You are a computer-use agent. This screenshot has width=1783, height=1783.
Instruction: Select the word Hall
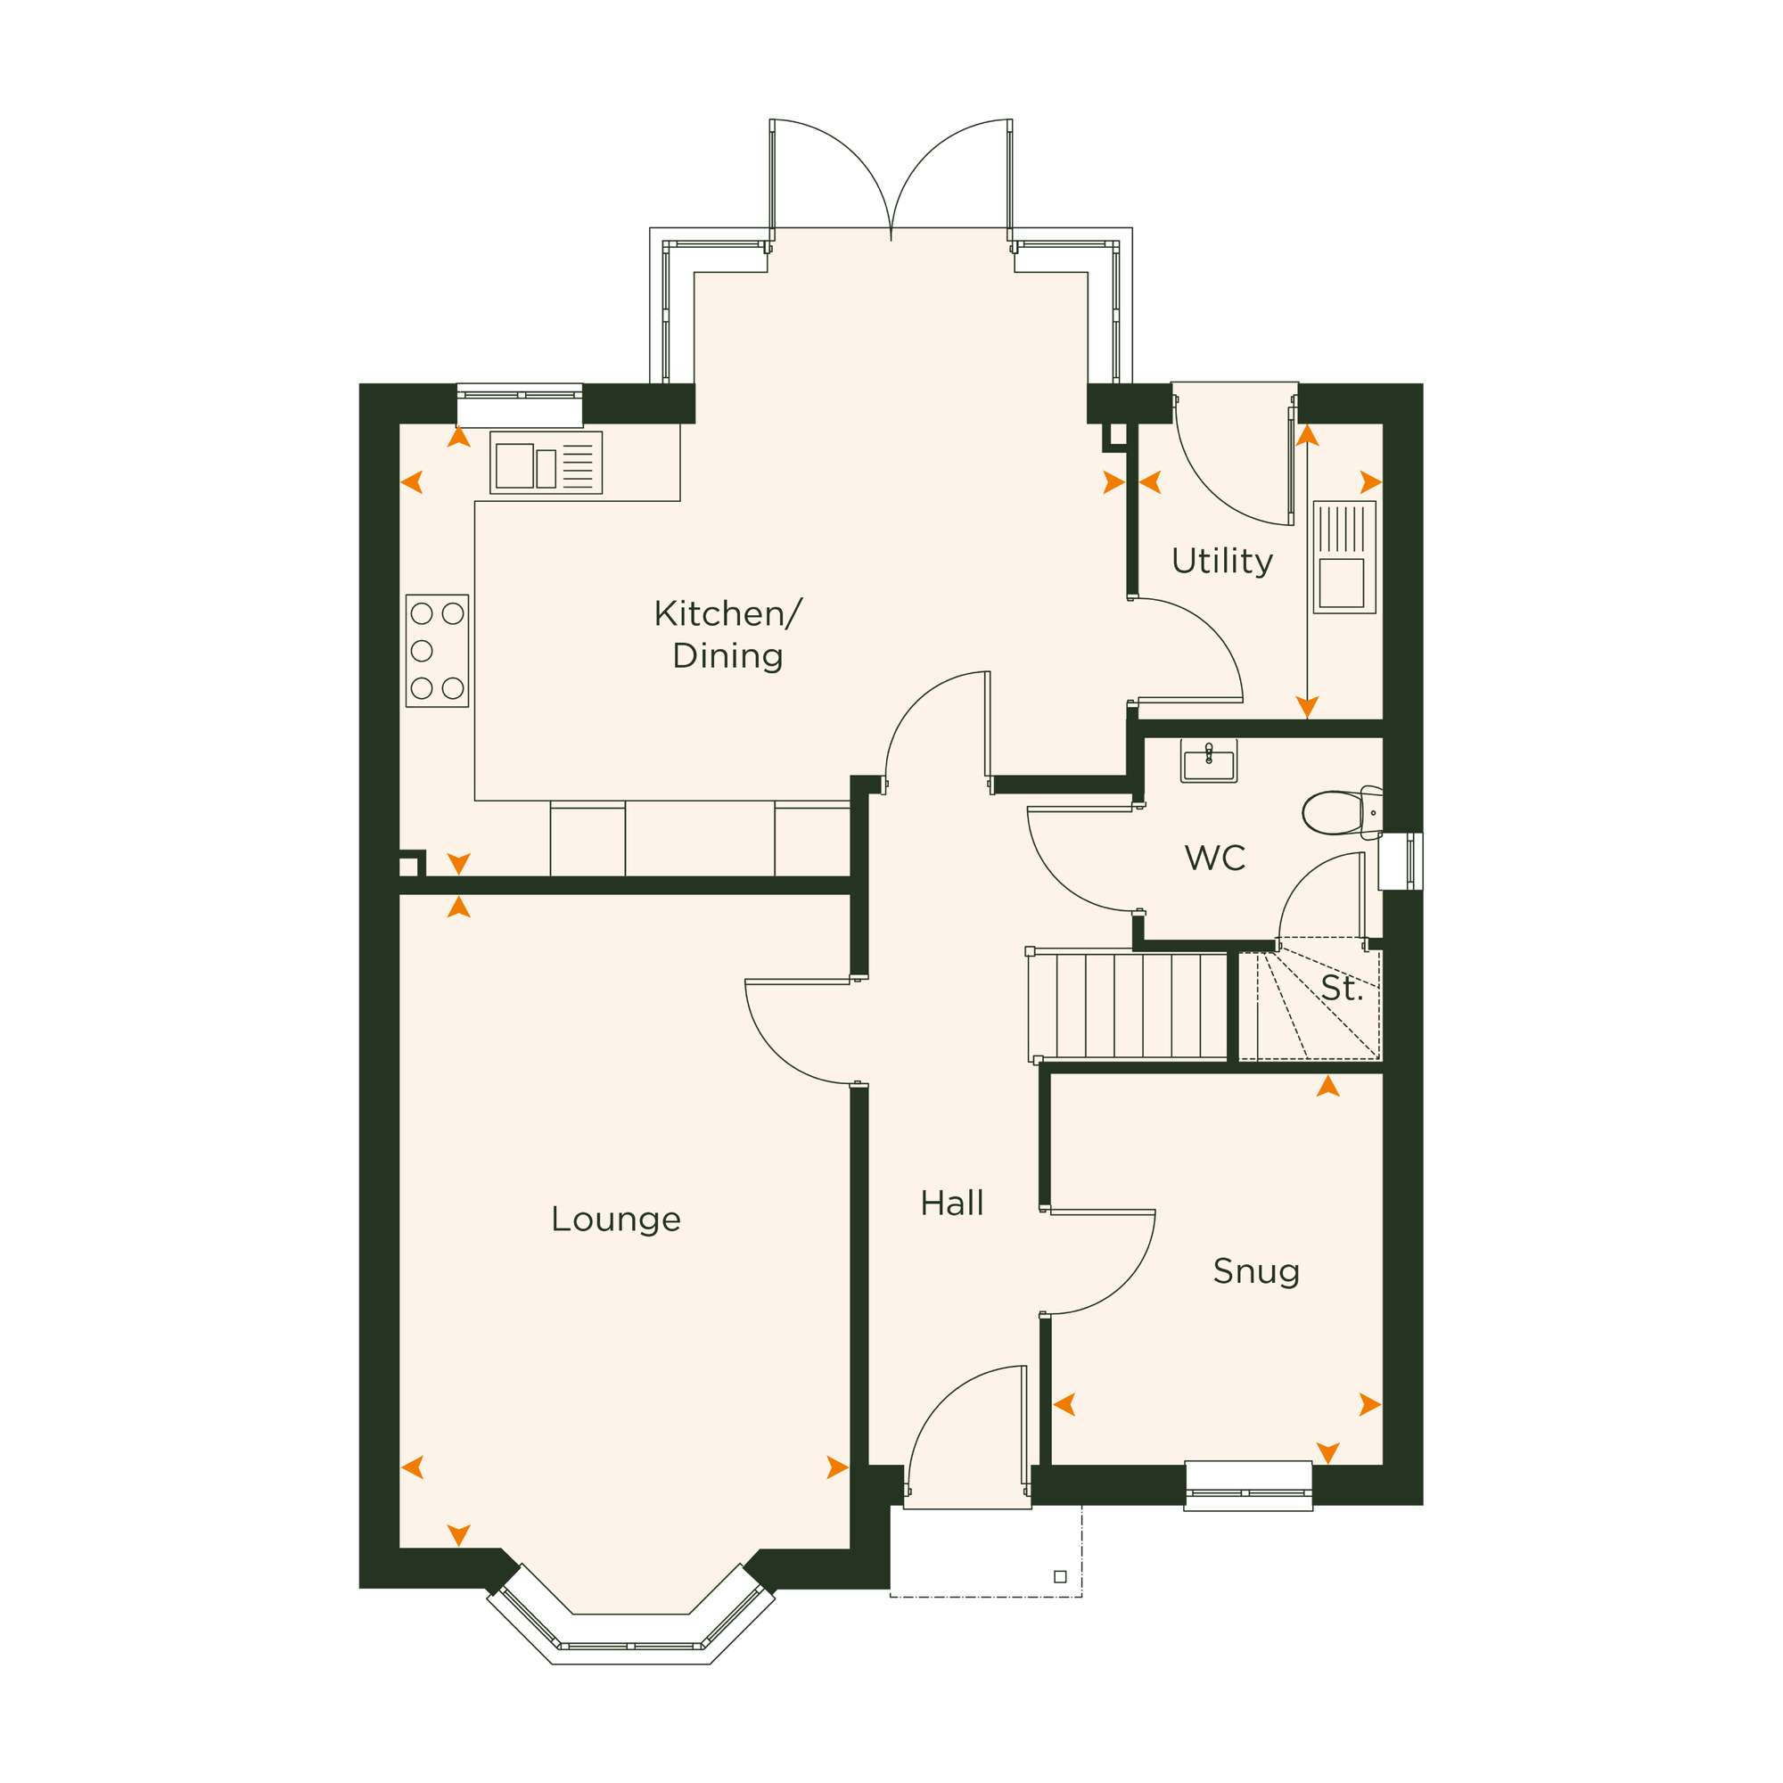[x=951, y=1204]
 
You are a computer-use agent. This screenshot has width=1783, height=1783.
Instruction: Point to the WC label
[x=1214, y=858]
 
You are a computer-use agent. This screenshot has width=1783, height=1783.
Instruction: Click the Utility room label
[x=1222, y=560]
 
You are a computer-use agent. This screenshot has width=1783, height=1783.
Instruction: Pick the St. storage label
[x=1342, y=989]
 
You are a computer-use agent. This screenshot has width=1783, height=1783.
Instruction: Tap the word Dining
[x=727, y=656]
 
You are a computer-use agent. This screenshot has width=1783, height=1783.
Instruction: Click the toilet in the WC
[x=1342, y=812]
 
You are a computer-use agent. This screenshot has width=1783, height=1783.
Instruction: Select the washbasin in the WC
[x=1209, y=761]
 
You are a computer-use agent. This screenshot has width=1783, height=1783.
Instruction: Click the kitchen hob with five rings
[x=437, y=652]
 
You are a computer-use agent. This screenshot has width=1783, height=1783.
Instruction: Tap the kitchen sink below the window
[x=546, y=463]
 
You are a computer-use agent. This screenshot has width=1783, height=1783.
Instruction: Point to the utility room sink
[x=1343, y=557]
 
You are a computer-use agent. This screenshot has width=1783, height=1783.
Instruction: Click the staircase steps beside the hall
[x=1128, y=1005]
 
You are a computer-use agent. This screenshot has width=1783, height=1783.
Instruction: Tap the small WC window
[x=1401, y=861]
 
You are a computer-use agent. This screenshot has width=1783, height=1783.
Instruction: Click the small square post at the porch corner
[x=1060, y=1577]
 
